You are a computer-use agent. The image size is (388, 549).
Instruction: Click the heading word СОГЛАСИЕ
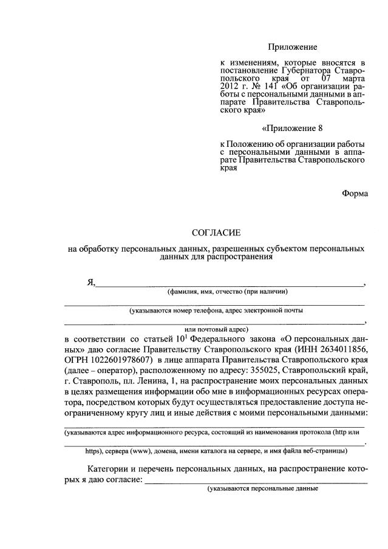(x=216, y=232)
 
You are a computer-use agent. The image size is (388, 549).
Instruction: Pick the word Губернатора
(x=300, y=71)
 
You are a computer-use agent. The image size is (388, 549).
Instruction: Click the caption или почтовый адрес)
(x=216, y=328)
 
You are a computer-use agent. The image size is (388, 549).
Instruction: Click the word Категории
(x=109, y=470)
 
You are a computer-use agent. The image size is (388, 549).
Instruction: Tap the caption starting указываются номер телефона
(x=216, y=310)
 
